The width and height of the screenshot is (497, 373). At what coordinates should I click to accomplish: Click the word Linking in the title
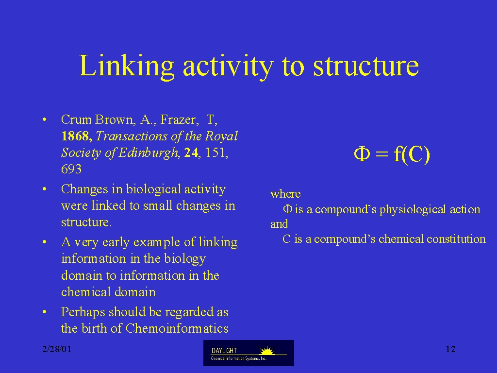[x=127, y=66]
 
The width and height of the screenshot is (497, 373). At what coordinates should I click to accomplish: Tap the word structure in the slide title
[x=366, y=66]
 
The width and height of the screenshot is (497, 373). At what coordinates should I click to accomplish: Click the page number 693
[x=71, y=169]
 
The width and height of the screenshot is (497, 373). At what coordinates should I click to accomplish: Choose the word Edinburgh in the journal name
[x=149, y=153]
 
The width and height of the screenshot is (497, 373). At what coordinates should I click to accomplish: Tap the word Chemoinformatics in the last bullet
[x=177, y=328]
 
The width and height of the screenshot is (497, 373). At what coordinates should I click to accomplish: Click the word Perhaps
[x=83, y=312]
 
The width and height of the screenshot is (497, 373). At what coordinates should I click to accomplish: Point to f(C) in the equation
[x=412, y=154]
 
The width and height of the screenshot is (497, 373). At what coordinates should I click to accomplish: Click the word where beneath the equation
[x=285, y=194]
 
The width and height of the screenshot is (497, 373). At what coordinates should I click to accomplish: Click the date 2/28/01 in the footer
[x=57, y=349]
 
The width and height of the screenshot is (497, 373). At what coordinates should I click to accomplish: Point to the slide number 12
[x=450, y=349]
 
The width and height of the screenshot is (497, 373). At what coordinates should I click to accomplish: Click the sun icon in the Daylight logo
[x=267, y=351]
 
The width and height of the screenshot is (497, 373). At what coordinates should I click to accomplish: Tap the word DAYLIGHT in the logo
[x=224, y=351]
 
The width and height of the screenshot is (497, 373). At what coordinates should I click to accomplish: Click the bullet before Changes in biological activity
[x=44, y=189]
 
